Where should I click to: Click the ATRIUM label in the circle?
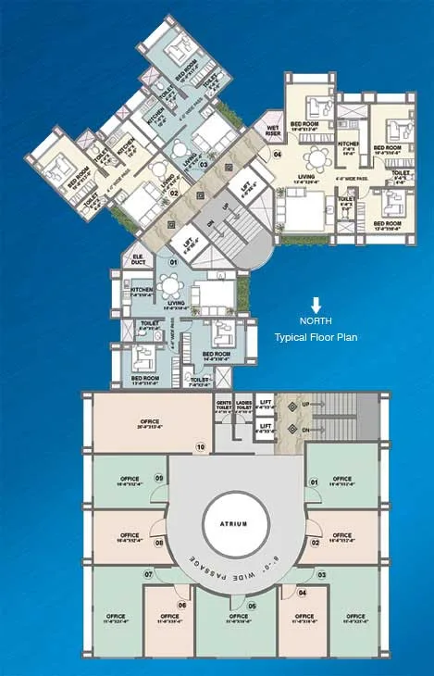pos(235,524)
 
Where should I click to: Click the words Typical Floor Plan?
pos(316,337)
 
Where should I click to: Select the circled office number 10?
pos(200,447)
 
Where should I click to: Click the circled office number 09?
pos(158,479)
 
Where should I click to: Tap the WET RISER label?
pos(273,129)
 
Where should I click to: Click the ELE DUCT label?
pos(138,261)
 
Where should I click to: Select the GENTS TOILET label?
pos(223,406)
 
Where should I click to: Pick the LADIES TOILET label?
pos(244,406)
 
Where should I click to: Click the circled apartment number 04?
pos(278,155)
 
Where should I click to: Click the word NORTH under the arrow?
pos(316,321)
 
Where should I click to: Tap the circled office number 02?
pos(316,543)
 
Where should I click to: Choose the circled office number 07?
pos(148,575)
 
